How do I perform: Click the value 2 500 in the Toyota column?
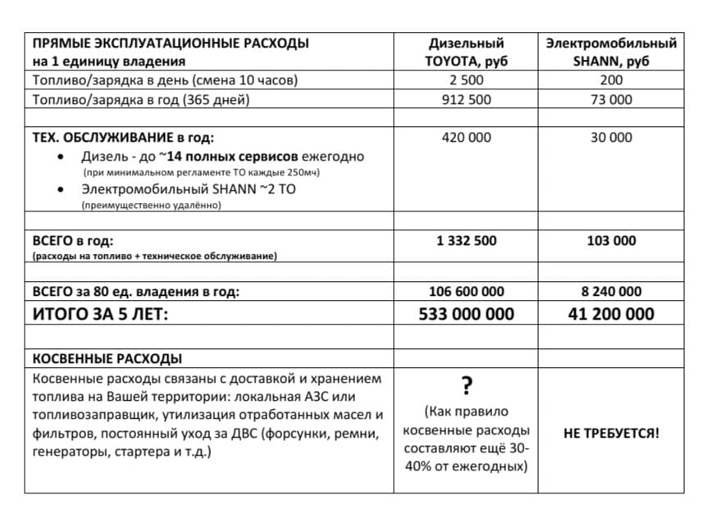466,80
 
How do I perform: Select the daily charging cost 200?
611,80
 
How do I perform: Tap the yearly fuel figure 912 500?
466,99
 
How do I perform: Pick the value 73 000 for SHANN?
611,99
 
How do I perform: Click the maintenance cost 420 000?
466,138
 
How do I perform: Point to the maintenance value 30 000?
611,138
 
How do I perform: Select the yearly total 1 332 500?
466,241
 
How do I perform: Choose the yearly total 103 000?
611,241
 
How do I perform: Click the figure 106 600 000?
466,292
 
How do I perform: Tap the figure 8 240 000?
611,292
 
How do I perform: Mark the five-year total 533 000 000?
466,314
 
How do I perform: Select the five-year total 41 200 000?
611,314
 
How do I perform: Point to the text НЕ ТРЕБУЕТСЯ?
611,433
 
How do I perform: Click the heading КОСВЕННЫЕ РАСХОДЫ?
107,359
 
